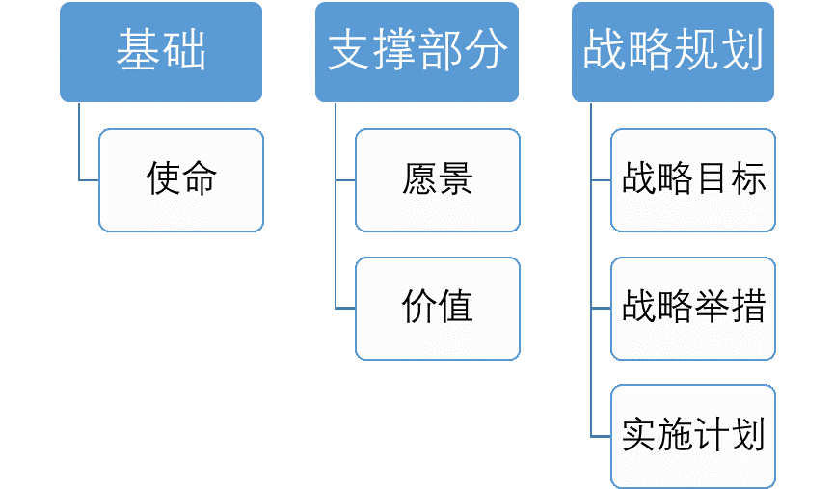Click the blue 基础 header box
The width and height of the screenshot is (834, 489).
161,52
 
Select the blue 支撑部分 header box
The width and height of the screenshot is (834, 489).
417,52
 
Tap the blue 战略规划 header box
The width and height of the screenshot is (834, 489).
673,52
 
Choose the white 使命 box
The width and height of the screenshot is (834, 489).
181,180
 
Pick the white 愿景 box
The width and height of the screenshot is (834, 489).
437,180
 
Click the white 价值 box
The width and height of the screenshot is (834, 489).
437,308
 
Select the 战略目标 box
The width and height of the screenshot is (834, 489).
693,180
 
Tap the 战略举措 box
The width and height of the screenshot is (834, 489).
693,308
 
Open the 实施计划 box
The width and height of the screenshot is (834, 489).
693,435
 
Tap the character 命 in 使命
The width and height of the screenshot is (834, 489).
200,180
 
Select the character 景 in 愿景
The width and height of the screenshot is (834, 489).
455,180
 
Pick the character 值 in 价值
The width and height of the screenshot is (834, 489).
455,308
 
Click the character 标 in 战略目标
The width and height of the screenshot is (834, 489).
748,180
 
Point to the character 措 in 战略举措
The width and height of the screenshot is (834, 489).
748,308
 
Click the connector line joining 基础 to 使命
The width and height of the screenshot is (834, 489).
79,145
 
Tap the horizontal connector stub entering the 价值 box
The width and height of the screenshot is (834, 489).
345,309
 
